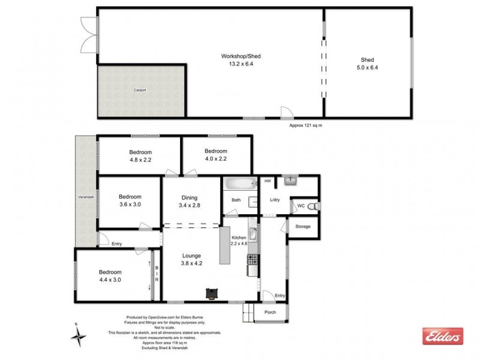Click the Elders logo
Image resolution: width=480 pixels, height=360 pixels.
(443, 337)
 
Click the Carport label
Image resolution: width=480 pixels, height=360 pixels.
(140, 90)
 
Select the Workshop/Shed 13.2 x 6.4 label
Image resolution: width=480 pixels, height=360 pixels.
(240, 61)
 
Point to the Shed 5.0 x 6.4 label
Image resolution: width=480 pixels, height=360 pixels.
(368, 64)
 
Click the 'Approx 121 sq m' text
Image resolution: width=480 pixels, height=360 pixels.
(310, 125)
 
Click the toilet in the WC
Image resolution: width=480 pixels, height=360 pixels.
(316, 206)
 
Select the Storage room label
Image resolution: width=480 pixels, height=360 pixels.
(303, 226)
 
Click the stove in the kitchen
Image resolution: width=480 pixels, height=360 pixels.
(253, 260)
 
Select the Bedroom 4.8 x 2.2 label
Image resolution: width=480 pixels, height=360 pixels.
(140, 155)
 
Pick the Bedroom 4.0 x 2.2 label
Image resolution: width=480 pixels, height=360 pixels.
(216, 155)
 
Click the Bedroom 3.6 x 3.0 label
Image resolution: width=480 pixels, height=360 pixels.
(130, 200)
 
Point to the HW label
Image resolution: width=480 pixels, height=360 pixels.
(267, 181)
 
